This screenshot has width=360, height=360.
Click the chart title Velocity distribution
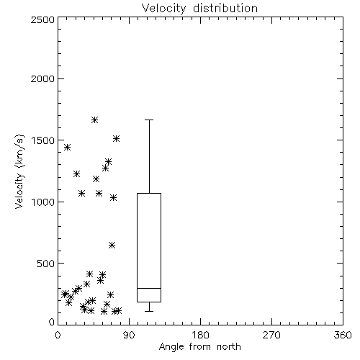click(199, 9)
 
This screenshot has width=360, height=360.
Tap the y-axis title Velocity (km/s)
click(19, 171)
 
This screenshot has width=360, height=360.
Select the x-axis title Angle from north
click(199, 346)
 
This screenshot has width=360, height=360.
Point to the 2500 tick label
click(42, 19)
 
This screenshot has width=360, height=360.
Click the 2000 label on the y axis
click(42, 79)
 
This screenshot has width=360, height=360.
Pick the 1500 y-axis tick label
click(43, 140)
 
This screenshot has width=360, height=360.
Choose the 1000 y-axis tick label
click(43, 202)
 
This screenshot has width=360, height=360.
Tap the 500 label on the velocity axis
click(46, 264)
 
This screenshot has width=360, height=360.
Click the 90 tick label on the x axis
click(129, 335)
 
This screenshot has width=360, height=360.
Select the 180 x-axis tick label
click(200, 335)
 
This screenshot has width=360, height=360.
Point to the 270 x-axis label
click(271, 335)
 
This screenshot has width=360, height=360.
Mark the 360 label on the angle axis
click(343, 335)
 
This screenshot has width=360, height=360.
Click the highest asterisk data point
click(94, 120)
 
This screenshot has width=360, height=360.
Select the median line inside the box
click(149, 288)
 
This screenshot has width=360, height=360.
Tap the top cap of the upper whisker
click(149, 120)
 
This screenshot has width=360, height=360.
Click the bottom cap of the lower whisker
click(149, 311)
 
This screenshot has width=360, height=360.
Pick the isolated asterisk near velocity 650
click(112, 245)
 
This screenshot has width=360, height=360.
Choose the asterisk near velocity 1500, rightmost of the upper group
click(116, 138)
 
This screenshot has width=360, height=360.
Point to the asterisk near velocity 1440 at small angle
click(67, 147)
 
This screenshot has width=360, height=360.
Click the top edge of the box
click(149, 193)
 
